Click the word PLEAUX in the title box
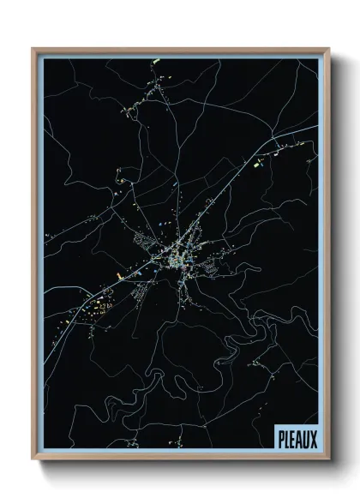click(297, 438)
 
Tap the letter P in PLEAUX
click(281, 438)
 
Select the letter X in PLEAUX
click(314, 438)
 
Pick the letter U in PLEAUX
click(307, 438)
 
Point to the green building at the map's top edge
click(157, 61)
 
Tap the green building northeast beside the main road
click(257, 159)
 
